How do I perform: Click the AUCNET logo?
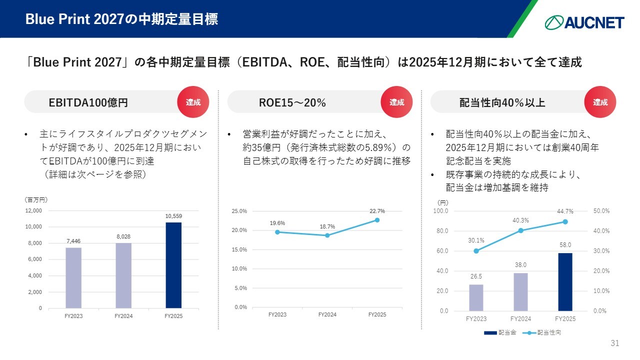[x=584, y=22]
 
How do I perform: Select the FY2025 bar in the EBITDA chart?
[x=173, y=265]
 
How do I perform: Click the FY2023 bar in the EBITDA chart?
[x=73, y=277]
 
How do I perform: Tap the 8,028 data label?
[x=123, y=236]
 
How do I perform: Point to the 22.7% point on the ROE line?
[x=377, y=220]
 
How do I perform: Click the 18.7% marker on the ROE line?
[x=327, y=235]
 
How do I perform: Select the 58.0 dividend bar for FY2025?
[x=565, y=282]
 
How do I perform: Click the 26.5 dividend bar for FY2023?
[x=476, y=297]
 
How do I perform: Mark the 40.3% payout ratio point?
[x=520, y=230]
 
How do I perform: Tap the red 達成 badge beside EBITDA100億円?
[x=193, y=102]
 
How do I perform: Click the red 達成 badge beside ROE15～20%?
[x=397, y=102]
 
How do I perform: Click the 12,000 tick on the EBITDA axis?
[x=34, y=211]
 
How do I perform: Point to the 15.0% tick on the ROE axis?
[x=239, y=249]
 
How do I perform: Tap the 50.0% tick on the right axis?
[x=601, y=211]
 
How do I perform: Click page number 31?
[x=615, y=343]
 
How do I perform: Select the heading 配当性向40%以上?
[x=502, y=103]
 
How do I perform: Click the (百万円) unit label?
[x=35, y=199]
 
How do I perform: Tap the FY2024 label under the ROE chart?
[x=327, y=314]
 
